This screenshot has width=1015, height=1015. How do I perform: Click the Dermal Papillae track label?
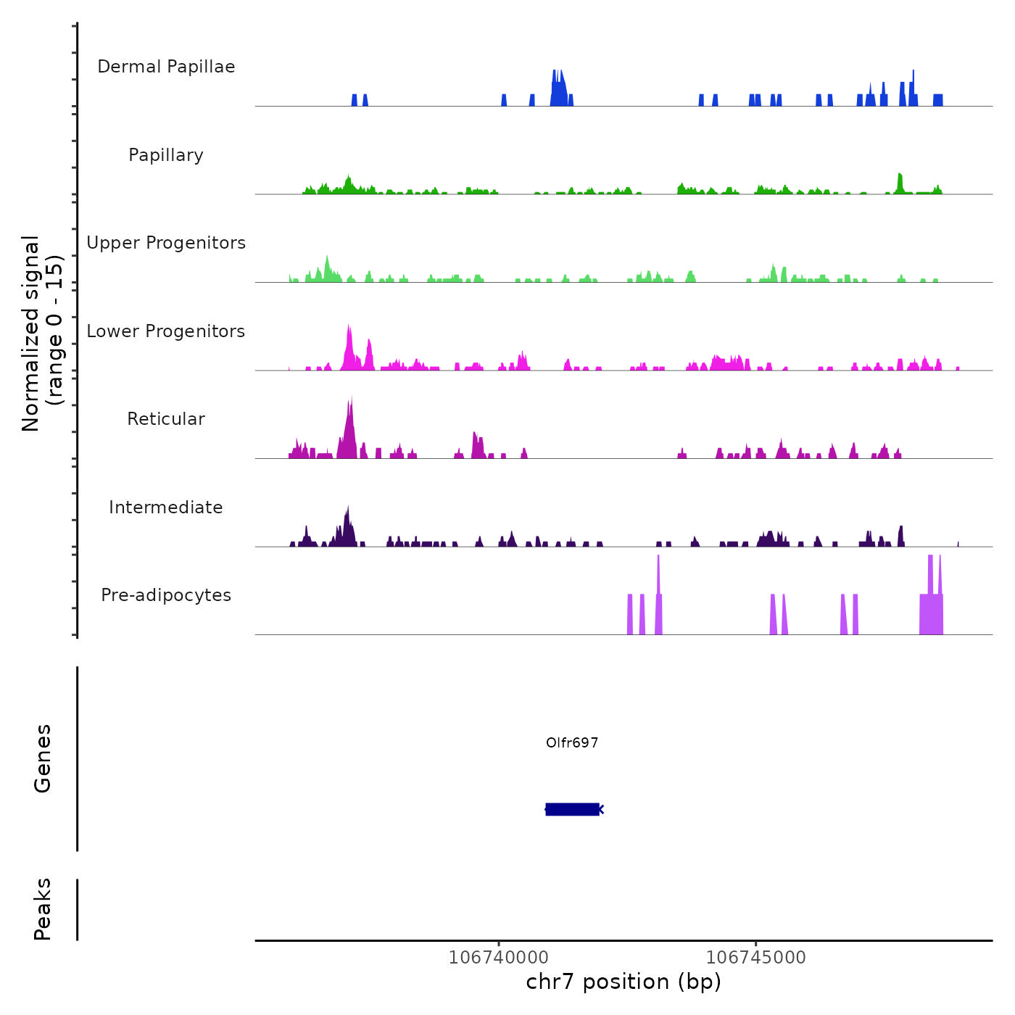(166, 67)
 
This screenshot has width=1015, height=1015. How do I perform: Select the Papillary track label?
(166, 155)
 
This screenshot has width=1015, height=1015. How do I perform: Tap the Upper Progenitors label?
(166, 243)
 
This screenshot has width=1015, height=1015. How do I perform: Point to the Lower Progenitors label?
(166, 331)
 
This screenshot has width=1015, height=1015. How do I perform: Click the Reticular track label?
(166, 419)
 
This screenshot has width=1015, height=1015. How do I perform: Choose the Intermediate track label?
(166, 507)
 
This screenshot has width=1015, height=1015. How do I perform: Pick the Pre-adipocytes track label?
(166, 595)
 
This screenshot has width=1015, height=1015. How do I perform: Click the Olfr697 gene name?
(572, 742)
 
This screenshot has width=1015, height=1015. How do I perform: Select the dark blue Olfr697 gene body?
(572, 809)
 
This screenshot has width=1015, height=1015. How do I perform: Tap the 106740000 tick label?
(499, 957)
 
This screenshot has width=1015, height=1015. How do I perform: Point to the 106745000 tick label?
(755, 957)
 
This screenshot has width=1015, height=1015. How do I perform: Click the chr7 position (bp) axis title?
(623, 982)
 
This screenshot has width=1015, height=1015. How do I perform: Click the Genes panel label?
(43, 758)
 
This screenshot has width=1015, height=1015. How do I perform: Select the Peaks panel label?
(43, 909)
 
